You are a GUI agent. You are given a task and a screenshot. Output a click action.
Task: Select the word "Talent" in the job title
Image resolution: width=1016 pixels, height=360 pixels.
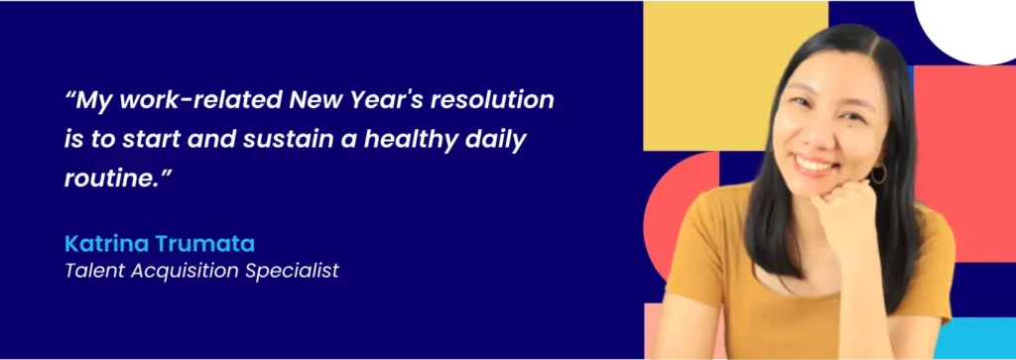(91, 270)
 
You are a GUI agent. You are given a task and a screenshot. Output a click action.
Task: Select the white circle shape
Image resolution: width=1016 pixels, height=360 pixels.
(967, 25)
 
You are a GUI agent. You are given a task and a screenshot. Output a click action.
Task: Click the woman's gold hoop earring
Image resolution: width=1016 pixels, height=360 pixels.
(878, 175)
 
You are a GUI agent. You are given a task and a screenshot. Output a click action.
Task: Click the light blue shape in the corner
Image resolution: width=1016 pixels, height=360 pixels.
(977, 339)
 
